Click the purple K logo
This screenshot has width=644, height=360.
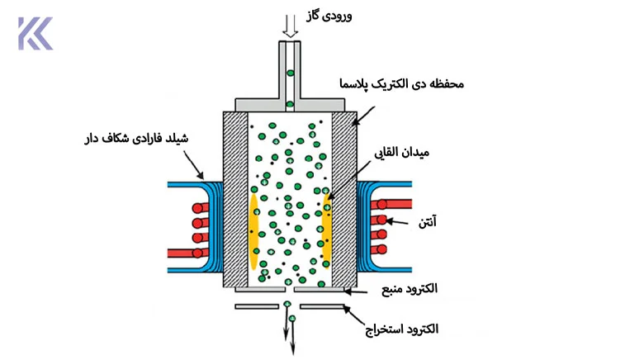coord(36,33)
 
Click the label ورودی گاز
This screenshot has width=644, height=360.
coord(329,16)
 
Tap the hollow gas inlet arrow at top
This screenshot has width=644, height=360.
coord(291,26)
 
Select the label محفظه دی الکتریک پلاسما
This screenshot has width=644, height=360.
coord(401,84)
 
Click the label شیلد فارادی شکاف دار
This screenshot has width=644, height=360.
coord(136,138)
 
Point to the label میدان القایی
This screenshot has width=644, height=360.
coord(401,153)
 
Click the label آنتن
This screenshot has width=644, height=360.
coord(427,222)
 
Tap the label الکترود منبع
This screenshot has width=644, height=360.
coord(410,288)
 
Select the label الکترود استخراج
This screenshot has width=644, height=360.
coord(402,329)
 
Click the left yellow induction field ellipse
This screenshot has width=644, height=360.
coord(253,231)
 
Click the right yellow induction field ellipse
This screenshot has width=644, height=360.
coord(326,230)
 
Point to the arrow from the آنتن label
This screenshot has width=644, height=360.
coord(397,222)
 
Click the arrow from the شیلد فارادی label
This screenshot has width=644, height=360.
coord(193,165)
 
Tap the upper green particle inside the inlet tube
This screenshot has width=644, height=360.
coord(291,73)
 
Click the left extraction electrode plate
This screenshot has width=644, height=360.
coord(257,306)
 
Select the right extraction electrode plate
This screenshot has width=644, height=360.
coord(322,306)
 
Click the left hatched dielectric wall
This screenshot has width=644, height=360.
coord(236,199)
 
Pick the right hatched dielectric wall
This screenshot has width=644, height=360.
coord(344,199)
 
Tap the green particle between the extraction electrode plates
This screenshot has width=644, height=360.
coord(287,304)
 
